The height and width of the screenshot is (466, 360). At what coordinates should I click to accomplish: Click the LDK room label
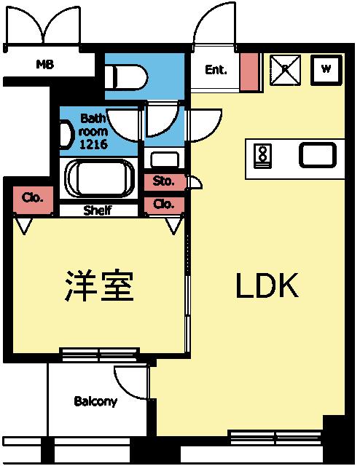coord(267,287)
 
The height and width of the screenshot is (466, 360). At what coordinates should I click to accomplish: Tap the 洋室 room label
coord(99,286)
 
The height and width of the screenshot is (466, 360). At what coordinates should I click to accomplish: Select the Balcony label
coord(95,401)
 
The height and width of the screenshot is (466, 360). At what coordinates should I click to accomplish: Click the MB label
coord(45,64)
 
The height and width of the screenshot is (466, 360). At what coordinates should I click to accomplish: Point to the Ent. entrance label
coord(216,71)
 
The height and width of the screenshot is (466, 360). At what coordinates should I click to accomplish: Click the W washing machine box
coord(326,70)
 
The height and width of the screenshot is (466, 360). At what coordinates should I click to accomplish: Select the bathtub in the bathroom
coord(98,178)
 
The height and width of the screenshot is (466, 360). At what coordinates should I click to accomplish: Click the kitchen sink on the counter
coord(317,155)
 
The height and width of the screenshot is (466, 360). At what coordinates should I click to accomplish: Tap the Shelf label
coord(97,211)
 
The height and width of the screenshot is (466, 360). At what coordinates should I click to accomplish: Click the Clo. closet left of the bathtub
coord(33,198)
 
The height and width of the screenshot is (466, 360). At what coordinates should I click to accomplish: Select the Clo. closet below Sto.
coord(163,205)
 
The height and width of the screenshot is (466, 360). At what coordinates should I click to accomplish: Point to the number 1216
coord(93,144)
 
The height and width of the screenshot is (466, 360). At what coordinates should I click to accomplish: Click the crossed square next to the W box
coord(284,70)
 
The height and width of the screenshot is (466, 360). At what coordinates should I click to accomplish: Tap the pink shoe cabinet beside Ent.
coord(249,72)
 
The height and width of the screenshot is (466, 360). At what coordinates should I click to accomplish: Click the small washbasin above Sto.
coord(163,159)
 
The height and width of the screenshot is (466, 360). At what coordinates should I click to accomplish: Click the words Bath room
coord(93,125)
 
